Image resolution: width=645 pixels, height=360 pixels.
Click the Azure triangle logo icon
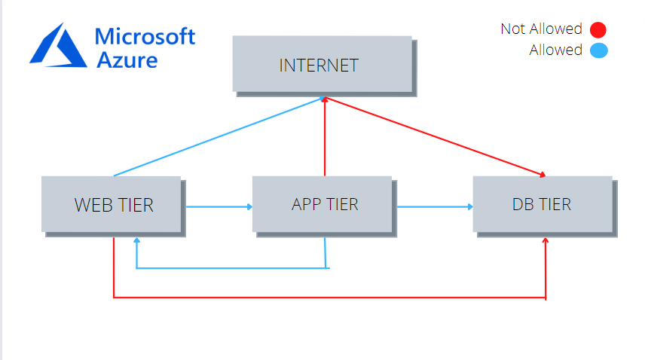pyautogui.click(x=58, y=44)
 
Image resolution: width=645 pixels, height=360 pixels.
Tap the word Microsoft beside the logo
pyautogui.click(x=145, y=36)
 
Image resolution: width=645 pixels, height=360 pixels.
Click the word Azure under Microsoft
pyautogui.click(x=127, y=59)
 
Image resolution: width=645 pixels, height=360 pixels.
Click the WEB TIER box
pyautogui.click(x=112, y=204)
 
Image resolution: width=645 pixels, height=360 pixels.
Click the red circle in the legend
pyautogui.click(x=598, y=30)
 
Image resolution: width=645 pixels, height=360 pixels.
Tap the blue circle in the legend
pyautogui.click(x=598, y=51)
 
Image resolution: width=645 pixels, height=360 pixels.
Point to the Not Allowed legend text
pyautogui.click(x=541, y=29)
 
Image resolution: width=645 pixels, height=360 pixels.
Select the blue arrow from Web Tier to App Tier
pyautogui.click(x=217, y=206)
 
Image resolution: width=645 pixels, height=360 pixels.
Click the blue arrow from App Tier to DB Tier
pyautogui.click(x=434, y=206)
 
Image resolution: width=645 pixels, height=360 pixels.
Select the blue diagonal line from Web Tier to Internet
pyautogui.click(x=219, y=136)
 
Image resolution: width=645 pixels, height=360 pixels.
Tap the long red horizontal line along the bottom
pyautogui.click(x=329, y=298)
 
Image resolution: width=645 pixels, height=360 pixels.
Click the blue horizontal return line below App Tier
pyautogui.click(x=231, y=267)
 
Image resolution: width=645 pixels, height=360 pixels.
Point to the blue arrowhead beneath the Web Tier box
pyautogui.click(x=136, y=242)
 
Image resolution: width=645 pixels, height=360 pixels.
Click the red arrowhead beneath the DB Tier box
pyautogui.click(x=546, y=241)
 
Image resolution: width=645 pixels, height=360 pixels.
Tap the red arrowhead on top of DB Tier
pyautogui.click(x=542, y=175)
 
